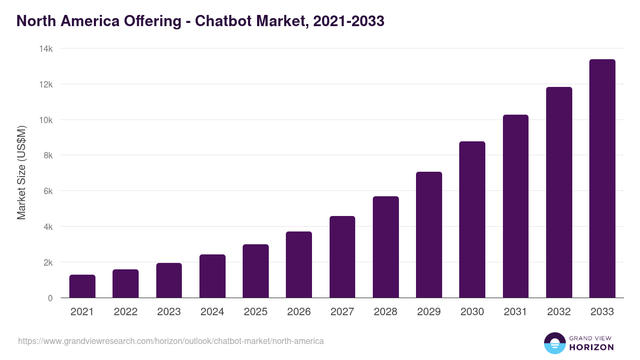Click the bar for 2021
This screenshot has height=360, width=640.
[x=82, y=286]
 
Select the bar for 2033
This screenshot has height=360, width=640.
[x=602, y=179]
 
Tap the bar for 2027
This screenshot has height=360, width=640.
[x=342, y=257]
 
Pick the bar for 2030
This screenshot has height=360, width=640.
[x=472, y=220]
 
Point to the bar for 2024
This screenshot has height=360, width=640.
[x=212, y=276]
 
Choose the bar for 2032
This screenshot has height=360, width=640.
[x=559, y=193]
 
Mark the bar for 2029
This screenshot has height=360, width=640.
[x=429, y=235]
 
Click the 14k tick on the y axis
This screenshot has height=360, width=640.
[x=46, y=49]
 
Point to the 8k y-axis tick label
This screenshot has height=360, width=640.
[x=47, y=155]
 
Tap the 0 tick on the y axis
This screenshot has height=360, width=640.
[x=50, y=298]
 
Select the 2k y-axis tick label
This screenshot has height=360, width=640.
[x=47, y=262]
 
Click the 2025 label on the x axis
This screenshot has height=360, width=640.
[x=255, y=312]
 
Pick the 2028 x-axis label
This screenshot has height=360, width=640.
[x=386, y=312]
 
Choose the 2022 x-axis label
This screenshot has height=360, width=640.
[x=125, y=312]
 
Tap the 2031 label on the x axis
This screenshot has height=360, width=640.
[x=516, y=312]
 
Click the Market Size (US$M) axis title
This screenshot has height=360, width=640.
[x=21, y=172]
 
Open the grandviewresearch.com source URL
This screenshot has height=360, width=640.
[x=171, y=341]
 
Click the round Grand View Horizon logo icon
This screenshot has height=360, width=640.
[x=554, y=343]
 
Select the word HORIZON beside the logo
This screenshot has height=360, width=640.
[x=591, y=347]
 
